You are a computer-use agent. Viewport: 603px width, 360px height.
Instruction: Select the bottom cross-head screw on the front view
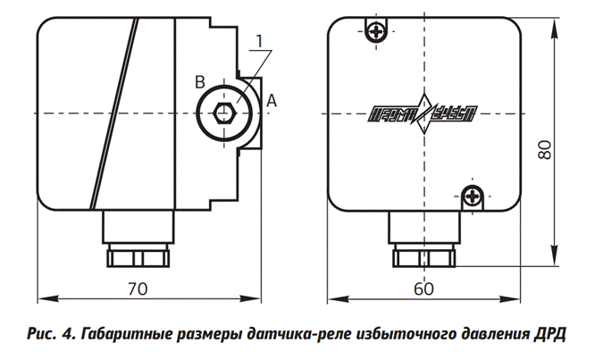click(473, 193)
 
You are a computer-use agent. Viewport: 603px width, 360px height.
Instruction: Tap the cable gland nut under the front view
click(425, 257)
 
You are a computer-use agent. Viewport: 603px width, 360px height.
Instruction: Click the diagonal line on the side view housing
click(113, 112)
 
